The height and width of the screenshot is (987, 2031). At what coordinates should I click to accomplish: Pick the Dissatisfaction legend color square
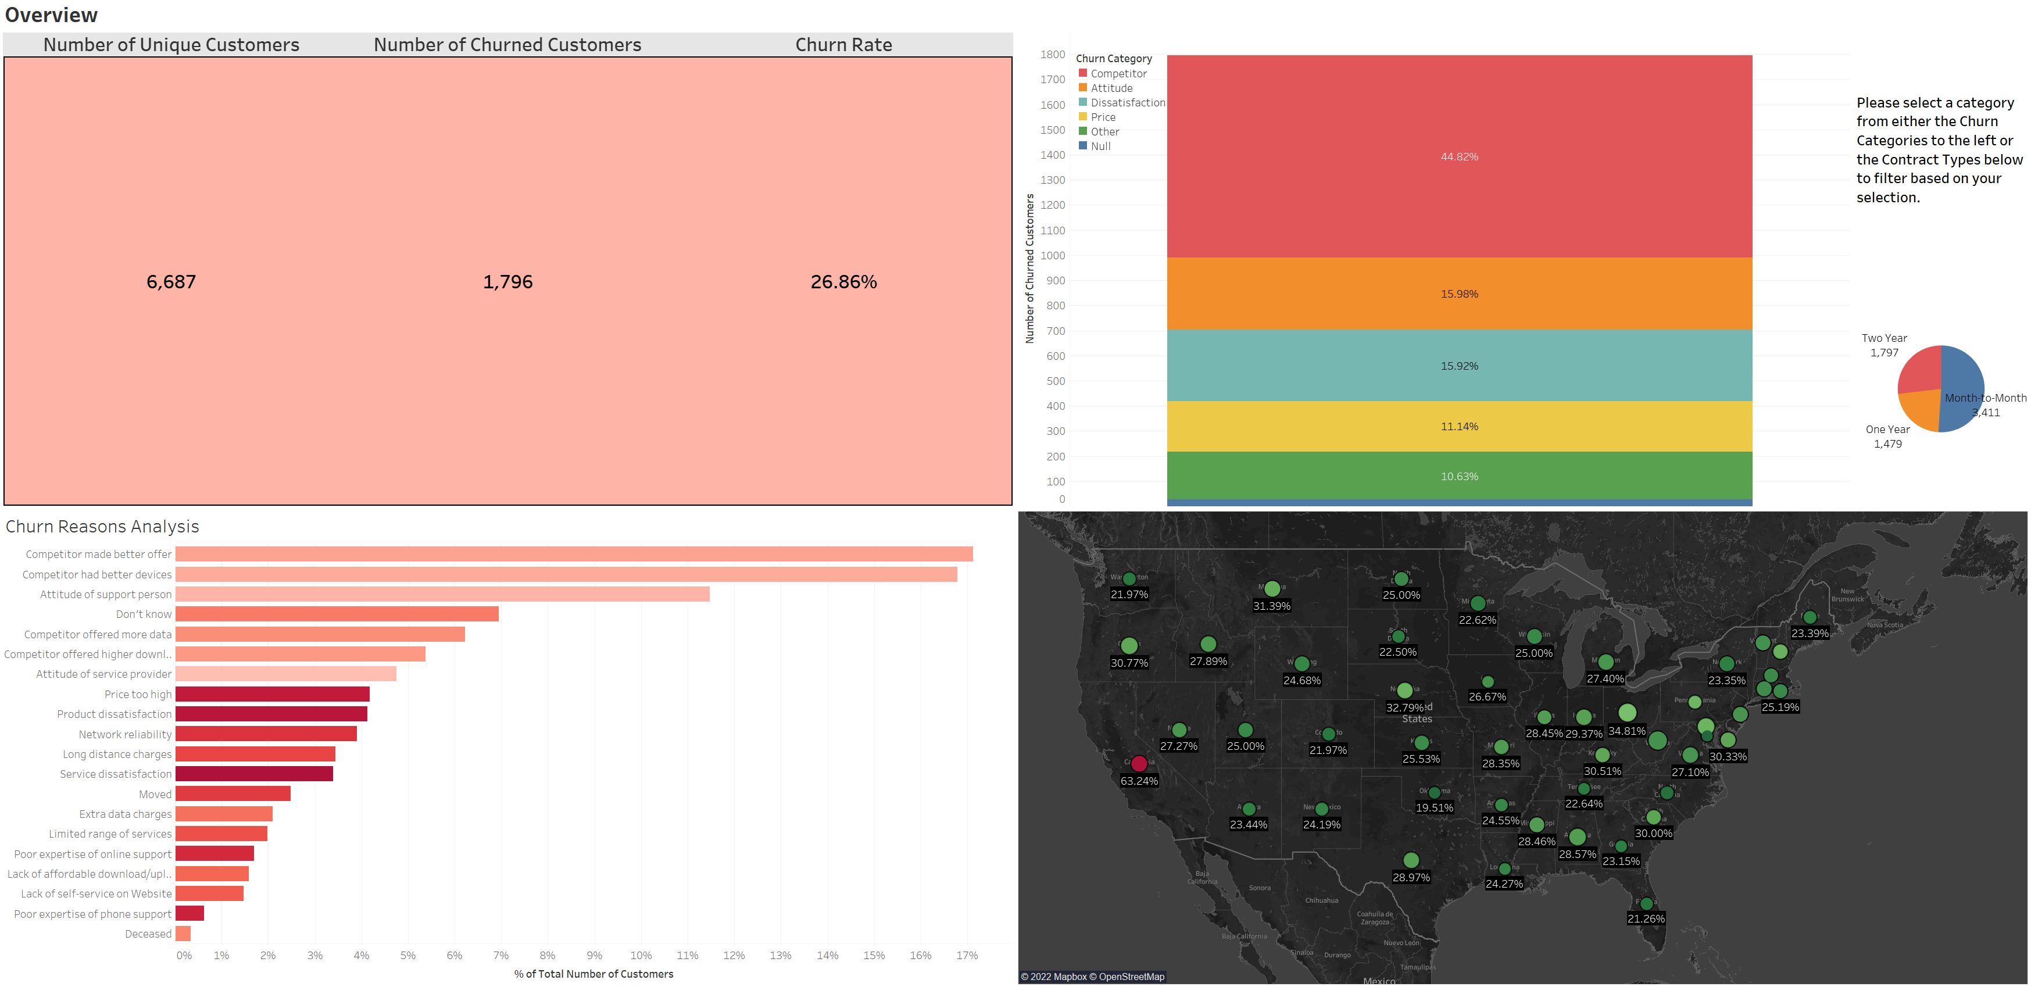pyautogui.click(x=1082, y=102)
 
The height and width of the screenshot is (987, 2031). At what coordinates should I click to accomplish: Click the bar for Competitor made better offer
pyautogui.click(x=573, y=554)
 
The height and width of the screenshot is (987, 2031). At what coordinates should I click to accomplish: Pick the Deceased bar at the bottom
pyautogui.click(x=183, y=934)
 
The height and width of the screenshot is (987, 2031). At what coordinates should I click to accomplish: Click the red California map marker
pyautogui.click(x=1139, y=763)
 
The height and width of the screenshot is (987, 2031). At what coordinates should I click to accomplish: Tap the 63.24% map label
pyautogui.click(x=1139, y=781)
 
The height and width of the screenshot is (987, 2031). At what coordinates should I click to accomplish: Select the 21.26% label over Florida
pyautogui.click(x=1646, y=919)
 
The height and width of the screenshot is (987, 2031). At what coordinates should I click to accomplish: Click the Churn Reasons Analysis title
pyautogui.click(x=102, y=527)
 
